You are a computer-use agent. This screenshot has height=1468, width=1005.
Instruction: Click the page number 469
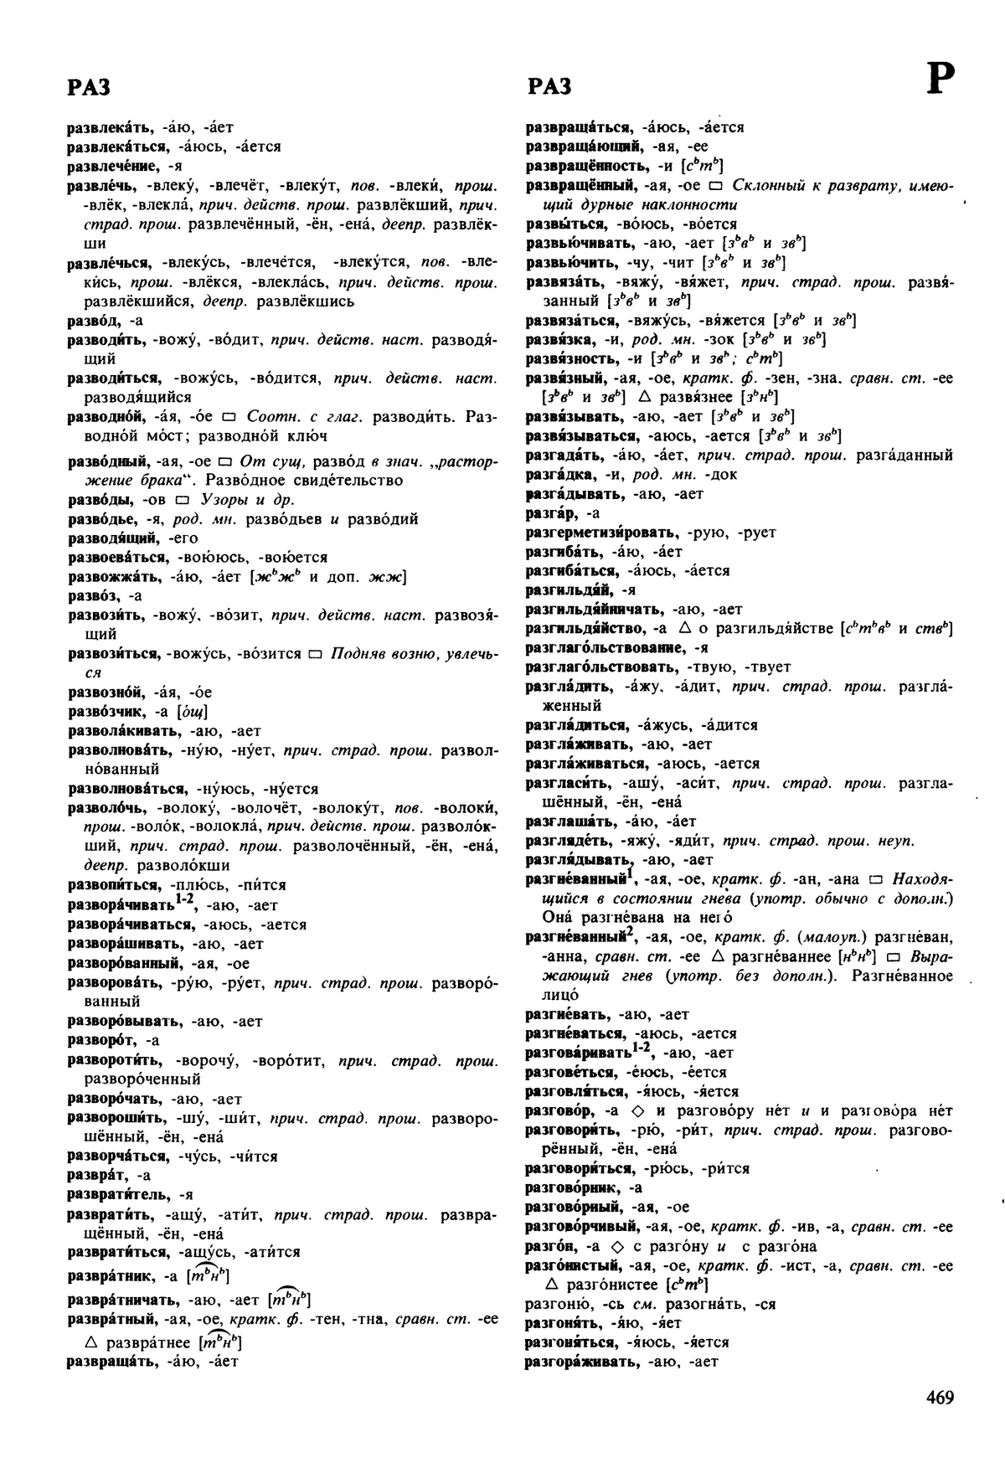click(x=940, y=1398)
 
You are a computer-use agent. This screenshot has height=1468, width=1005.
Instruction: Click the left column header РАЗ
click(x=89, y=86)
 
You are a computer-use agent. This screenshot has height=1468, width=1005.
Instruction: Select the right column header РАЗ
click(x=550, y=86)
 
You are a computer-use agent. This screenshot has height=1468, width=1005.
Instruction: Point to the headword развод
click(x=89, y=320)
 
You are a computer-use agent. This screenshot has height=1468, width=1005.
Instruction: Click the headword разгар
click(x=549, y=513)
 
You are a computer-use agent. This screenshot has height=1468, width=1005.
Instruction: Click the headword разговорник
click(x=572, y=1187)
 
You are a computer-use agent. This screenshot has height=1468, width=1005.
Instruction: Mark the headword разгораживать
click(x=583, y=1362)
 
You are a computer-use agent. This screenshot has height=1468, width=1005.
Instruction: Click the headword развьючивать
click(x=580, y=244)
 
